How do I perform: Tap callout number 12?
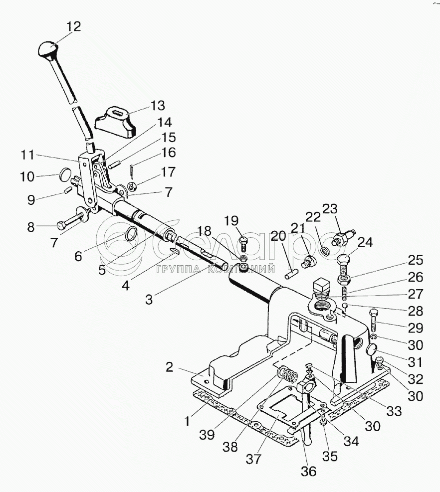point(73,26)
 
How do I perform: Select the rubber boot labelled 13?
point(115,122)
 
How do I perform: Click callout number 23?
point(330,209)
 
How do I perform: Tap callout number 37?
point(254,460)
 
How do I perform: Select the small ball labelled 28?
point(345,306)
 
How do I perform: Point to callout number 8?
point(30,226)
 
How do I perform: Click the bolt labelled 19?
point(244,244)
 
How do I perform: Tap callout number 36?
point(308,471)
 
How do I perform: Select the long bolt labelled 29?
point(374,322)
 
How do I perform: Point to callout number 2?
point(169,367)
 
